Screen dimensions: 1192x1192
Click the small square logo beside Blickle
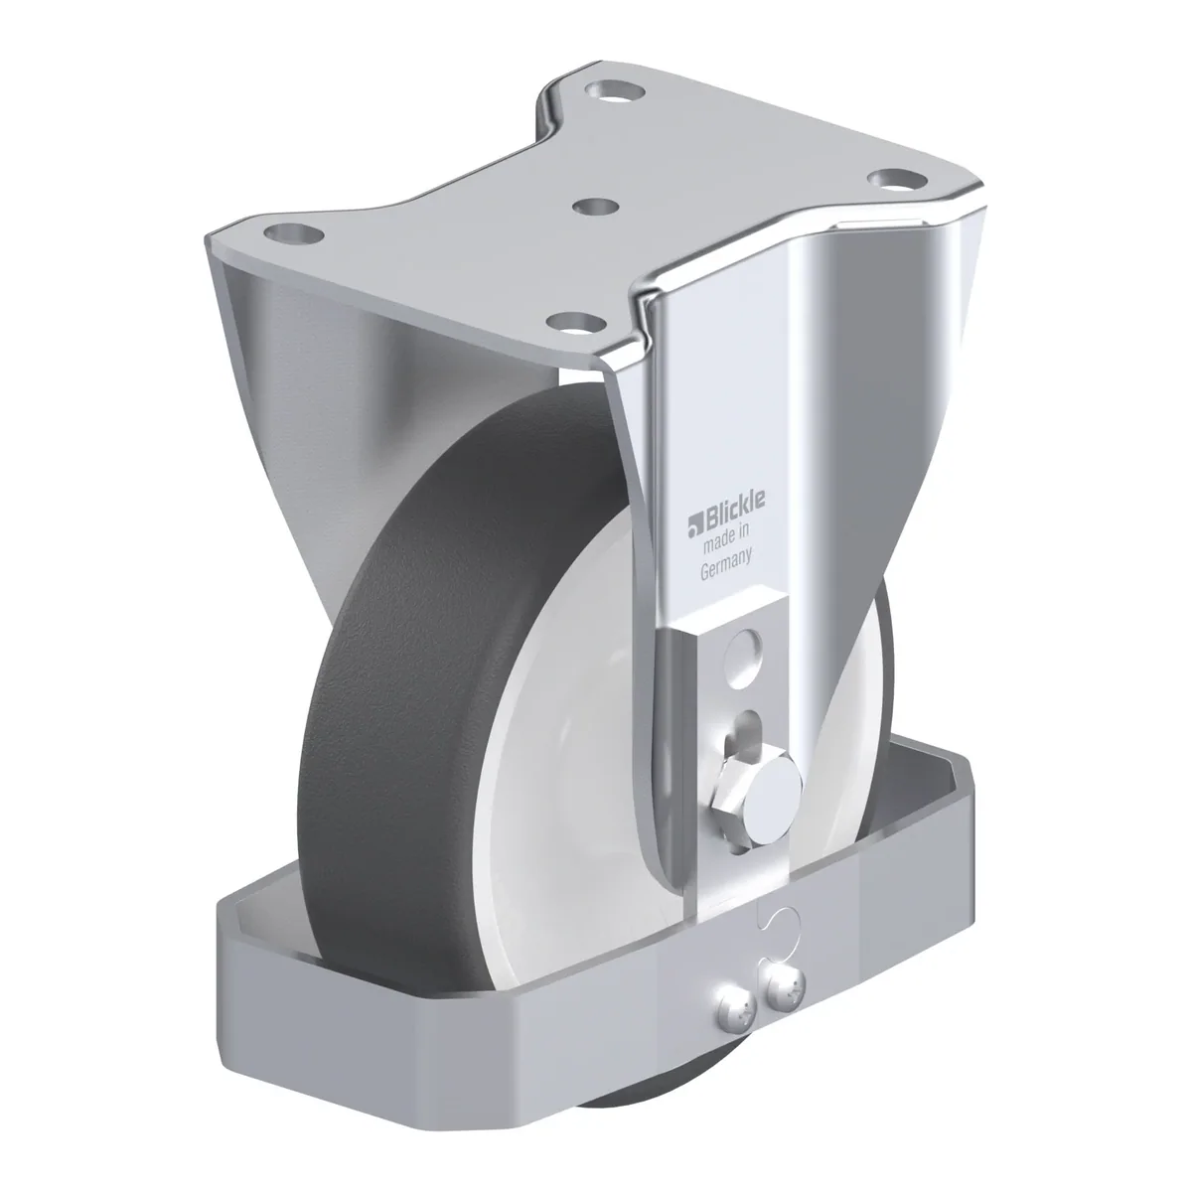pos(692,523)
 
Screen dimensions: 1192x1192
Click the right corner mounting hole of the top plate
pos(895,180)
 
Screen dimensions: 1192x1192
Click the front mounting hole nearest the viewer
pos(577,323)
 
